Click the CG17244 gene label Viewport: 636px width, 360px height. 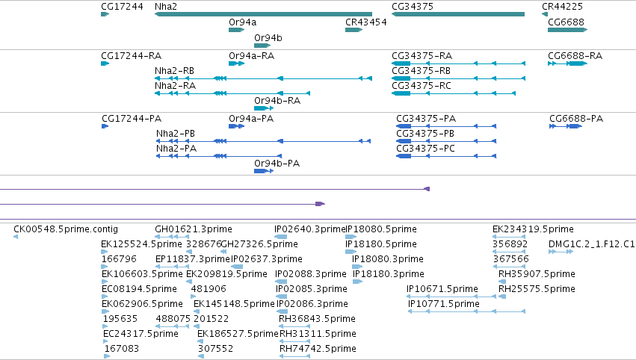[122, 7]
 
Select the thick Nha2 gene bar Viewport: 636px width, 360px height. [263, 14]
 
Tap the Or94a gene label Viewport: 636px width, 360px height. [243, 22]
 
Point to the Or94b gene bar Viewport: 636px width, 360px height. [262, 46]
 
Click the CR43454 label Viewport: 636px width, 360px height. [366, 22]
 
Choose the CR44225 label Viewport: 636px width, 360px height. [562, 7]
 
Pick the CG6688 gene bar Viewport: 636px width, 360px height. [567, 30]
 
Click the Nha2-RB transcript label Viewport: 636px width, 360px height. [174, 71]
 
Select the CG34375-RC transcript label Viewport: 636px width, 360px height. [422, 86]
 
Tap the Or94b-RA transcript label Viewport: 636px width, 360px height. [277, 101]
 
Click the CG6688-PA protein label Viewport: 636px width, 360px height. [576, 119]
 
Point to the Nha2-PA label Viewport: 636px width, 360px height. [176, 149]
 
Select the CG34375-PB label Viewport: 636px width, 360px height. [425, 134]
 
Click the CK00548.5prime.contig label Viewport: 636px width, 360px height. [66, 229]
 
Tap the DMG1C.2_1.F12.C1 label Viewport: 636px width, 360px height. [591, 244]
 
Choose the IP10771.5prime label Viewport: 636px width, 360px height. [444, 304]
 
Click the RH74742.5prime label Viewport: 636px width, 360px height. [318, 349]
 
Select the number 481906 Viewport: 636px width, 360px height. [209, 289]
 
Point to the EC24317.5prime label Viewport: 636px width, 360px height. [141, 334]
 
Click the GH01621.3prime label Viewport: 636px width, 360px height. [194, 229]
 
